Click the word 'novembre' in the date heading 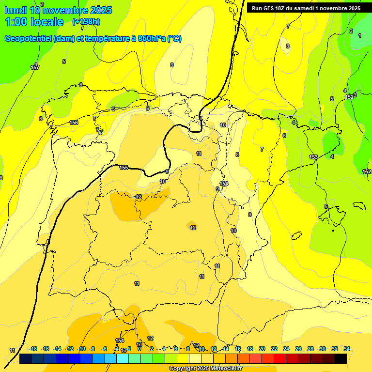(65, 10)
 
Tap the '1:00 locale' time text (34, 22)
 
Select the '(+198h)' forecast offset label (86, 21)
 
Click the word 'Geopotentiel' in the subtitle (28, 39)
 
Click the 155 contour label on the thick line (124, 168)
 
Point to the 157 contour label (35, 67)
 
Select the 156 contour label (74, 123)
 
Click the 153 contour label (313, 157)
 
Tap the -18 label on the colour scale (33, 349)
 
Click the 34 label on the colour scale (347, 349)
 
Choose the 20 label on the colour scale (262, 349)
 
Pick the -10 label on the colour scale (81, 349)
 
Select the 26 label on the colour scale (298, 349)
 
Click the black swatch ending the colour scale (341, 359)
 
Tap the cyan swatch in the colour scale (123, 359)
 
